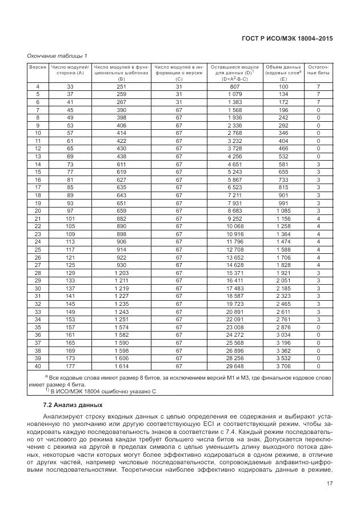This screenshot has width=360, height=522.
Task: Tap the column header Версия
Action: pos(38,67)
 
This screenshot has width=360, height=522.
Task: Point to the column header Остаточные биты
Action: pos(318,70)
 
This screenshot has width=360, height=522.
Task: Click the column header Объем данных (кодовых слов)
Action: pos(283,70)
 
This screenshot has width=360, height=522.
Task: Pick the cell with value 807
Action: pos(235,86)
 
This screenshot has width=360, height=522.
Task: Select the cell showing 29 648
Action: pos(235,365)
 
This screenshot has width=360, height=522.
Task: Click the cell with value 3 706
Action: pos(283,365)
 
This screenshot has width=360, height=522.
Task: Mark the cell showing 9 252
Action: pos(235,218)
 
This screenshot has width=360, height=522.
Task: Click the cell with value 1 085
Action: pos(283,210)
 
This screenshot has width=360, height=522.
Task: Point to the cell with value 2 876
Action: pos(283,326)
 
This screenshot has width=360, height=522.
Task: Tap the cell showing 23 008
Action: pos(235,326)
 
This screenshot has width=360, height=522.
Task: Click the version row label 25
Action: pos(38,249)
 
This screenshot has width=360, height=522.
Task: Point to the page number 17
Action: pos(329,484)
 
